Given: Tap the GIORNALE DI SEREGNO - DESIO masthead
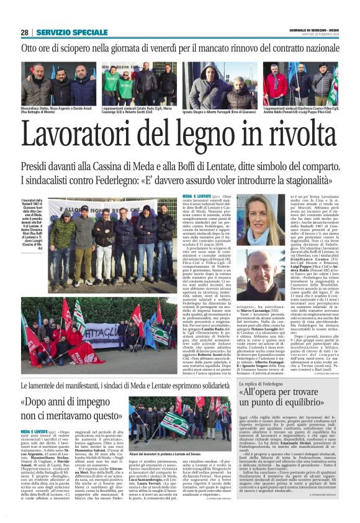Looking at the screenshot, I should click(313, 30).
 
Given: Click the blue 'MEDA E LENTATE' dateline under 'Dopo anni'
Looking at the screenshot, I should click(33, 430).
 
